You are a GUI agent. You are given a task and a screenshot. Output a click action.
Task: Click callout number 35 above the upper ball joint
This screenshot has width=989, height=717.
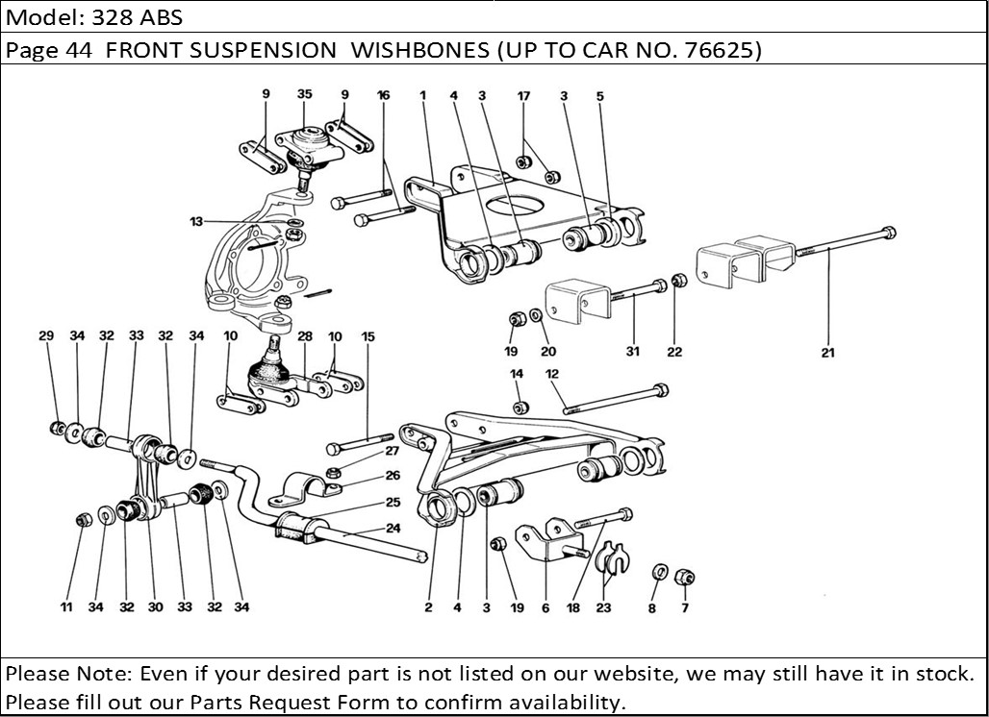tap(304, 94)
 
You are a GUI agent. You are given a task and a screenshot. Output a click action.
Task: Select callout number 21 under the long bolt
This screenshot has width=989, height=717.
tap(828, 352)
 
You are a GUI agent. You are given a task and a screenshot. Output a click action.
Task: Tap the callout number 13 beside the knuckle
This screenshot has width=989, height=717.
tap(196, 222)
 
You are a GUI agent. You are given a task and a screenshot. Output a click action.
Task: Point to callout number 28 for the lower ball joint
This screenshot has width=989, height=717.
tap(305, 336)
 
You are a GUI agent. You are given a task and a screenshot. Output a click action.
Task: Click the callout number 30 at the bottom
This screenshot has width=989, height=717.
tap(155, 606)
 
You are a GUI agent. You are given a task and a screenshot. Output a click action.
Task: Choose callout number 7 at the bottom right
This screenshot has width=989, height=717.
tap(685, 607)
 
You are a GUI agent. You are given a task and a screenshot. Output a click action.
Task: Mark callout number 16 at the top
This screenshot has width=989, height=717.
tap(383, 95)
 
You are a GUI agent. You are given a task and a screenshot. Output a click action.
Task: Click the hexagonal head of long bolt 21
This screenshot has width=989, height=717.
tap(888, 232)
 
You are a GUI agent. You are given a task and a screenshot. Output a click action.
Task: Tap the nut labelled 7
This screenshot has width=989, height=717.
tap(686, 578)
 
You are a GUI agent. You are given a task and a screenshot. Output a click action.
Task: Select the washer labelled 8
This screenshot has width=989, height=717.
tap(657, 573)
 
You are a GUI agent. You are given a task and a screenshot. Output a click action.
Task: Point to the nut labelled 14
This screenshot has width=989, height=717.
tap(520, 408)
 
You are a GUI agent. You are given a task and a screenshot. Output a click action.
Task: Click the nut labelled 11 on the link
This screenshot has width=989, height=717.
tap(83, 521)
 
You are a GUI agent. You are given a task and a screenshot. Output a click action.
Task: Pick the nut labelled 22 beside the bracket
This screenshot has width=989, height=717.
tap(677, 281)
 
